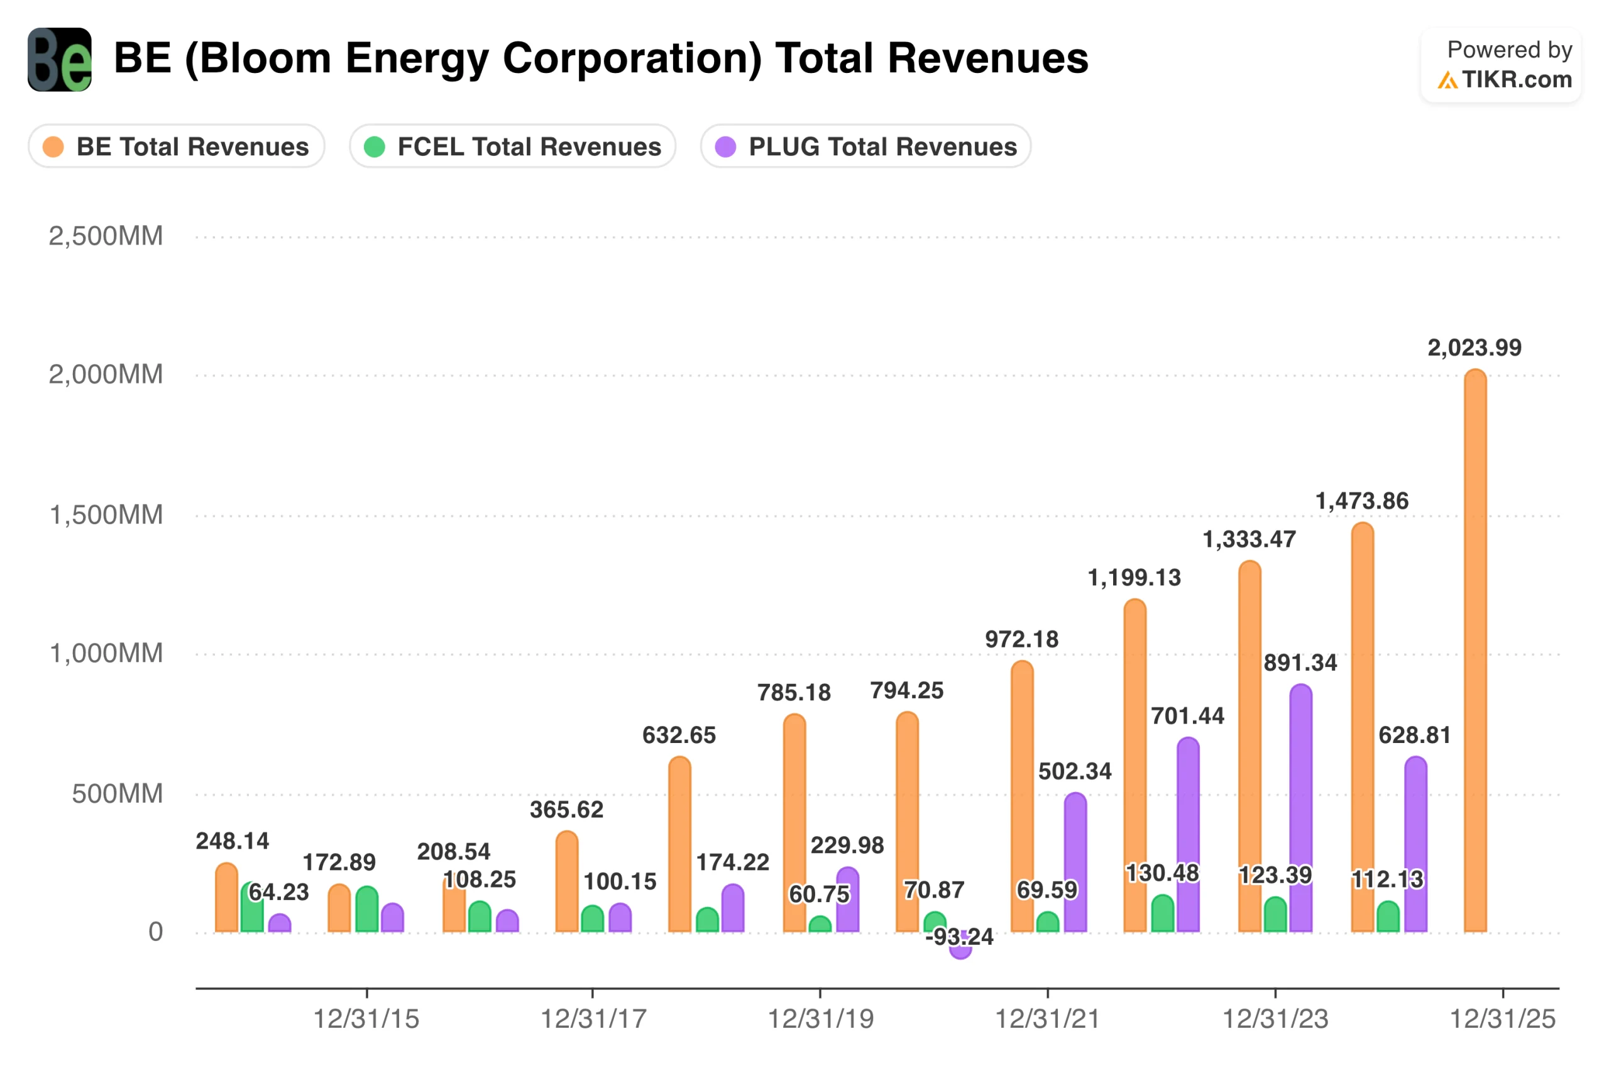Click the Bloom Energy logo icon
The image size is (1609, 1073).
(x=60, y=60)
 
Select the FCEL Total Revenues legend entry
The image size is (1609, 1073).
(x=512, y=146)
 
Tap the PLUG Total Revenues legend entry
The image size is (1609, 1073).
(x=865, y=146)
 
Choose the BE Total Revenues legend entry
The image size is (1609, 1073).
(x=176, y=146)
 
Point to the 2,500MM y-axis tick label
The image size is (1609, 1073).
(x=106, y=236)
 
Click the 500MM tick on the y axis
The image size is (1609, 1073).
(x=117, y=794)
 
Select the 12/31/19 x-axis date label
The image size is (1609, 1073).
(x=820, y=1019)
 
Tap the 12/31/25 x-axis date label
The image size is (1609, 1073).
(x=1502, y=1019)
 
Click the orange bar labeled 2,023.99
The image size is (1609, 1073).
(x=1475, y=650)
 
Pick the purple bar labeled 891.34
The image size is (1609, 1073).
(x=1300, y=808)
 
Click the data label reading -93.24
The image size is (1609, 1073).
(x=959, y=936)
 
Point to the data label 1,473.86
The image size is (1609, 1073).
(x=1361, y=501)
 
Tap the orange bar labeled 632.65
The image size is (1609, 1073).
(x=679, y=845)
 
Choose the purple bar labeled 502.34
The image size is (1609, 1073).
(x=1075, y=862)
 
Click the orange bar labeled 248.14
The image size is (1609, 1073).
(x=226, y=898)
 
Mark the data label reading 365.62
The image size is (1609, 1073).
(x=566, y=810)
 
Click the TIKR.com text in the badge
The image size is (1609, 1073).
(x=1517, y=79)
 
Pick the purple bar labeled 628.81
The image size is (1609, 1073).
(x=1415, y=845)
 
